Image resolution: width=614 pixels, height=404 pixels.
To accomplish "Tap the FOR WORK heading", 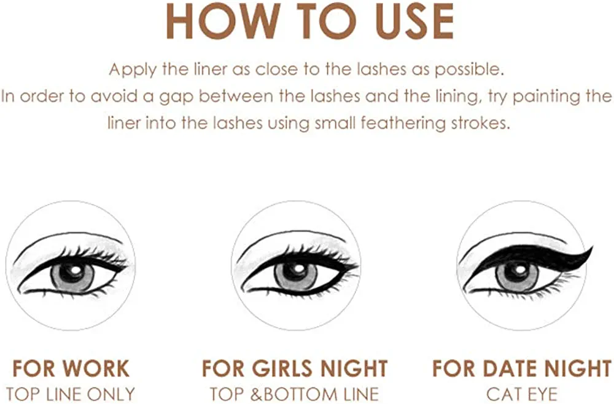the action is pos(71,368).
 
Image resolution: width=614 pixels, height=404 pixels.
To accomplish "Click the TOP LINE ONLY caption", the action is pos(71,394).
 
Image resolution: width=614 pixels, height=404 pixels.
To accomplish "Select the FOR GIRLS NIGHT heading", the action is pos(295,368).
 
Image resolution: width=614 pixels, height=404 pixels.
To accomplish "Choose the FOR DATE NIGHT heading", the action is pos(521,368).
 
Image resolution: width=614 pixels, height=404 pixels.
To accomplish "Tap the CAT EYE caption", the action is pos(521,394).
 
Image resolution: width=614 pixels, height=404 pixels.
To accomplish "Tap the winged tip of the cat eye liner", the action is pos(593,247).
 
